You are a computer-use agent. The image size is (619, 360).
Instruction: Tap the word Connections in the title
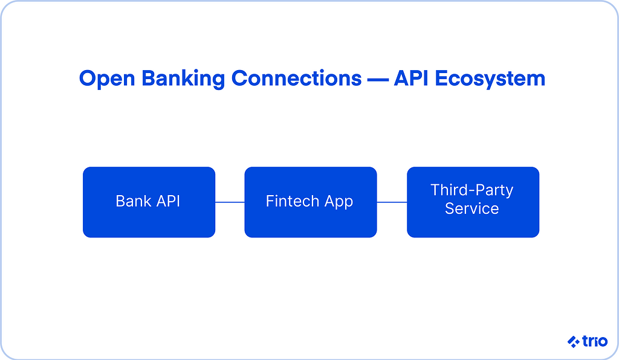pos(296,78)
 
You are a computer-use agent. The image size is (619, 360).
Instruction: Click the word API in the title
pos(411,78)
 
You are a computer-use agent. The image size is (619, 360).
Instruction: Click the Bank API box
pos(149,202)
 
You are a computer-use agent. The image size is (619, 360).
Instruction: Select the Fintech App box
pos(311,202)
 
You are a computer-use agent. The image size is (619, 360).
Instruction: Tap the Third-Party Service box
pos(473,202)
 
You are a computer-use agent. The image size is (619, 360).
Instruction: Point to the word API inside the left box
pos(168,201)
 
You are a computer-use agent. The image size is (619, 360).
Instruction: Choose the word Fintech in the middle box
pos(292,201)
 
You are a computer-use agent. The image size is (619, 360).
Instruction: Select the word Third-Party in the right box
pos(472,191)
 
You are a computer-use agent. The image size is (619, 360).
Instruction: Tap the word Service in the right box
pos(472,208)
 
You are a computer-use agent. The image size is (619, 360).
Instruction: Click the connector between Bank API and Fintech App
pos(230,202)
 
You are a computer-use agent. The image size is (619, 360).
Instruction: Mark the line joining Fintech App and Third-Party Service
pos(392,202)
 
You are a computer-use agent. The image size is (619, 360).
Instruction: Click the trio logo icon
pos(574,341)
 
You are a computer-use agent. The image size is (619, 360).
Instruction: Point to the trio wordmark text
pos(595,341)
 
